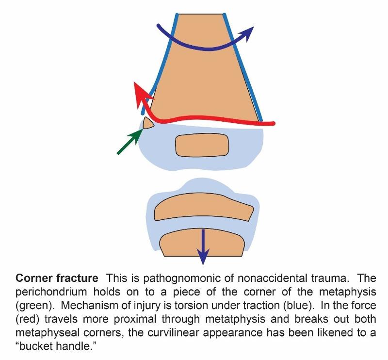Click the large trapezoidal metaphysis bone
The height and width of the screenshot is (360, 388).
[204, 73]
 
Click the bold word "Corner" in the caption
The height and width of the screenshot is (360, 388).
[33, 278]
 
